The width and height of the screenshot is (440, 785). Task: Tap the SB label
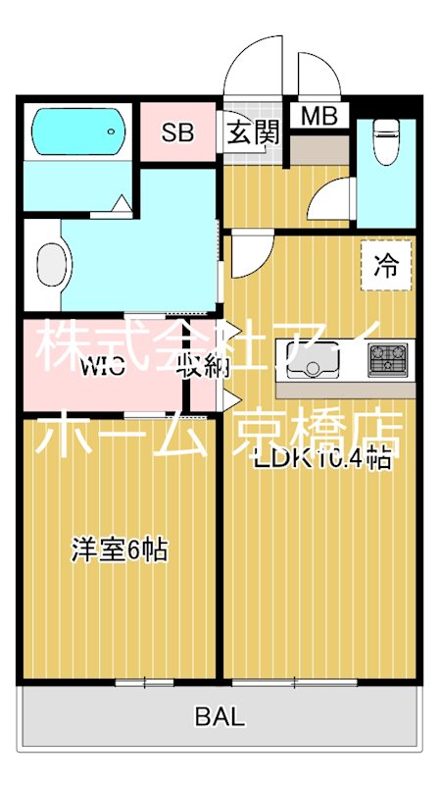177,132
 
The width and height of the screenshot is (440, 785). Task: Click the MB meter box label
318,116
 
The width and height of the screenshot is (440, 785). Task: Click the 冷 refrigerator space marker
387,265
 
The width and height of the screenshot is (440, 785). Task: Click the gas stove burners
389,360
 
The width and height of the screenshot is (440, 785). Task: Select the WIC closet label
104,369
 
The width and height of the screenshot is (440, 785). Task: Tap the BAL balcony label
220,717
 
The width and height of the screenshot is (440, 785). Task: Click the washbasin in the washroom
51,263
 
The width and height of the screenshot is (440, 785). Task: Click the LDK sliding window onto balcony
297,681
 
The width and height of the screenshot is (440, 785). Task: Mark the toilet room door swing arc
330,200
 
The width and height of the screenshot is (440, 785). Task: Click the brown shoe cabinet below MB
318,148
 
